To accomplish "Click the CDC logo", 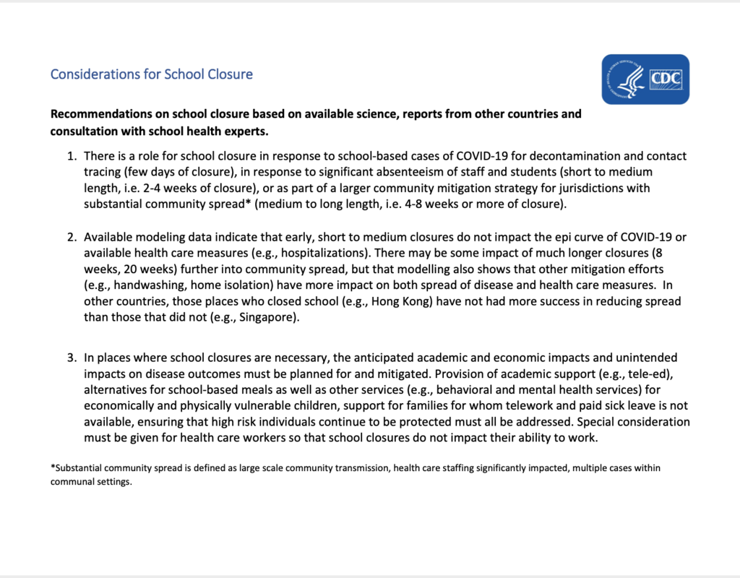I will [645, 79].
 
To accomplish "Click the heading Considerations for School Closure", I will [151, 74].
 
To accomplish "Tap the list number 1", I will [71, 156].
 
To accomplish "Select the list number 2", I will [71, 237].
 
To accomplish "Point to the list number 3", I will [71, 358].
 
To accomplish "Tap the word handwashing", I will [137, 285].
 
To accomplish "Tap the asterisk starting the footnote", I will [52, 467].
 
